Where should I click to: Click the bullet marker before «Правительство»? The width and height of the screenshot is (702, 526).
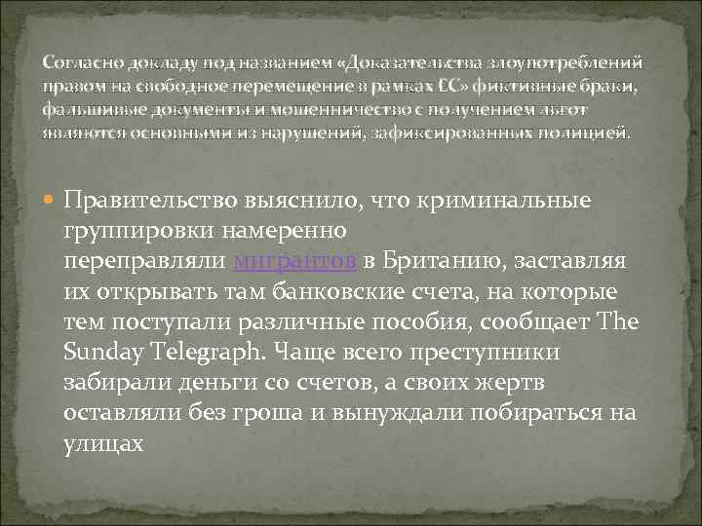[51, 201]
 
